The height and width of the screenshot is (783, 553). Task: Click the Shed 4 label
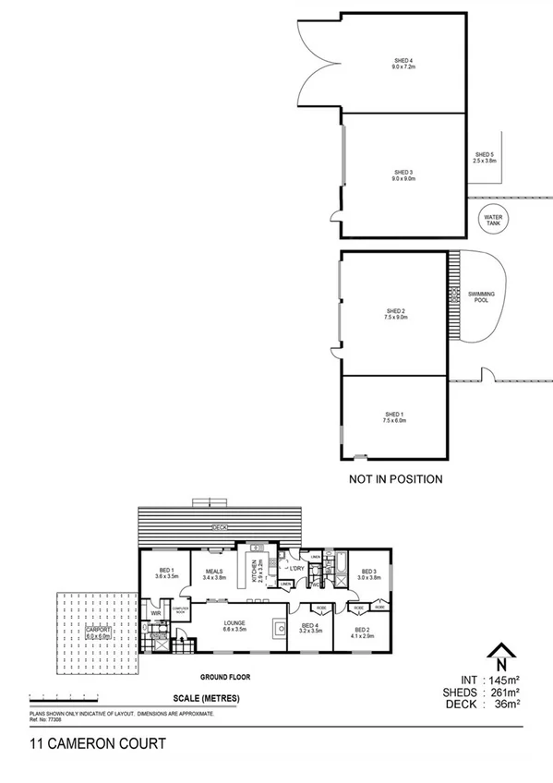[403, 64]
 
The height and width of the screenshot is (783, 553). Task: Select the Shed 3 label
[403, 175]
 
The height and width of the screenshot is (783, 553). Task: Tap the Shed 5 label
[485, 157]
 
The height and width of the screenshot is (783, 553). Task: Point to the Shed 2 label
[395, 314]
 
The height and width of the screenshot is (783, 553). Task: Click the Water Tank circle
[489, 220]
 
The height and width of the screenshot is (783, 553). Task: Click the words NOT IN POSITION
[395, 479]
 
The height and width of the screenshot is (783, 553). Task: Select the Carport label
[98, 633]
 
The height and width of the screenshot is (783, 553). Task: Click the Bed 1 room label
[166, 573]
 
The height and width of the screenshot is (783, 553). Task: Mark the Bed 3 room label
[369, 574]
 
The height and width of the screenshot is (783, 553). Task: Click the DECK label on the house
[220, 526]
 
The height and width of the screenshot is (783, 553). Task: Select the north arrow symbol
[499, 657]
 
